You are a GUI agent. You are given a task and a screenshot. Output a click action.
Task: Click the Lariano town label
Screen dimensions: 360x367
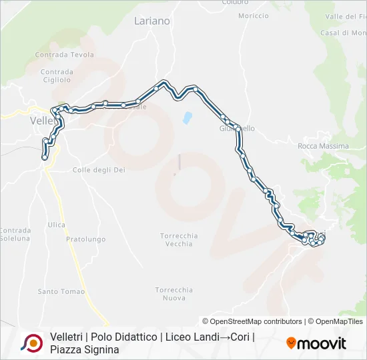pyautogui.click(x=151, y=21)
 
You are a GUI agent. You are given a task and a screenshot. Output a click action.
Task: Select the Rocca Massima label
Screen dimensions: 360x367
pyautogui.click(x=323, y=146)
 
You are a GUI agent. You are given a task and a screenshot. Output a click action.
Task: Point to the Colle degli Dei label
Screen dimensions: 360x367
pyautogui.click(x=99, y=170)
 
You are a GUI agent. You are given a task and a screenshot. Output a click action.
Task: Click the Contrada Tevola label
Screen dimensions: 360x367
pyautogui.click(x=65, y=55)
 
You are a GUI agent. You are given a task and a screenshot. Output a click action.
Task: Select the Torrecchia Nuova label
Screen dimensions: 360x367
pyautogui.click(x=174, y=294)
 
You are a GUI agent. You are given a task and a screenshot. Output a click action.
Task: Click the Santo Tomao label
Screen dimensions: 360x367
pyautogui.click(x=61, y=291)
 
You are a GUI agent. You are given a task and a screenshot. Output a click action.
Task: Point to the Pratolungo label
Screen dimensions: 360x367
pyautogui.click(x=86, y=239)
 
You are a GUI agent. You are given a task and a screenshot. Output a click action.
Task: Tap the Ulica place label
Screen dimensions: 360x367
pyautogui.click(x=57, y=225)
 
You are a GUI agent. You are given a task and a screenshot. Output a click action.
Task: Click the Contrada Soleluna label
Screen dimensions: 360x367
pyautogui.click(x=15, y=234)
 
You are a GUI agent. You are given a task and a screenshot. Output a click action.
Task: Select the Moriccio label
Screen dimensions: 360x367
pyautogui.click(x=253, y=15)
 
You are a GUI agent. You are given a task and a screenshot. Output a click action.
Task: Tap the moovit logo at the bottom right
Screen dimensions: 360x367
pyautogui.click(x=316, y=343)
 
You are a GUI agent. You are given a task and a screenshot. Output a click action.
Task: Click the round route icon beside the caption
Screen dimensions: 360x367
pyautogui.click(x=31, y=343)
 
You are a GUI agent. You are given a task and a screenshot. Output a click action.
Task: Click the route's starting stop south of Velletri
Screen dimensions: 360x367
pyautogui.click(x=45, y=157)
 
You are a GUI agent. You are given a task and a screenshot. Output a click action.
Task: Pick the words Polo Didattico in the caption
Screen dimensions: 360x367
pyautogui.click(x=123, y=337)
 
